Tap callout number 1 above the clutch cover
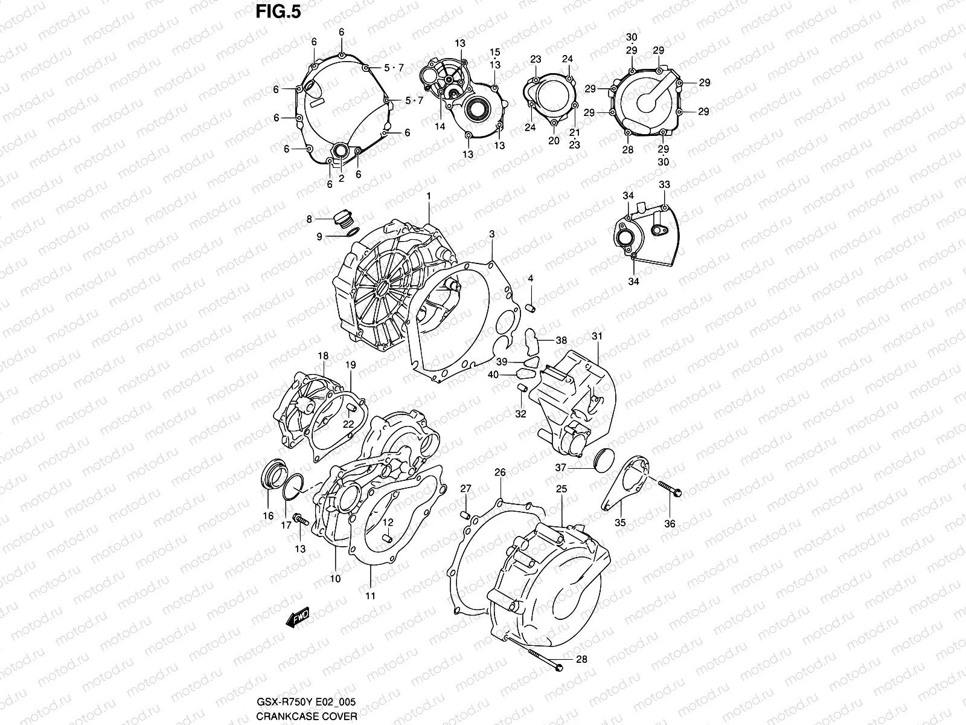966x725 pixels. (x=429, y=196)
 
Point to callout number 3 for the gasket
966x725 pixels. (x=492, y=233)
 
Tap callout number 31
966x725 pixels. (x=597, y=336)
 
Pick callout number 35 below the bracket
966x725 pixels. (x=620, y=523)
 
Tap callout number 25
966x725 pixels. (x=561, y=489)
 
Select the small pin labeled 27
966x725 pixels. (x=465, y=514)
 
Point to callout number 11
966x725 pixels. (x=370, y=596)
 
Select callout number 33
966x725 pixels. (x=664, y=184)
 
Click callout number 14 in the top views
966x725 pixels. (x=440, y=126)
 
